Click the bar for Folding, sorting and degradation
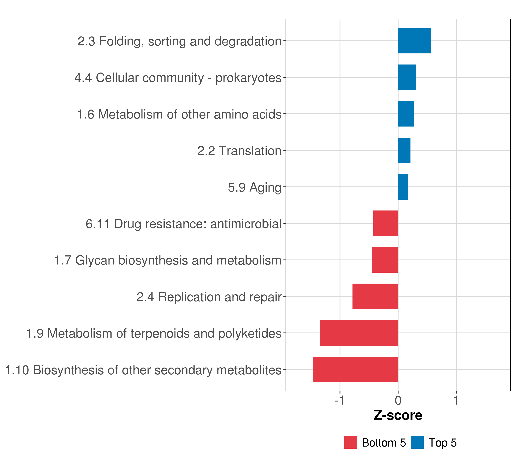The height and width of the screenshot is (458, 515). [414, 41]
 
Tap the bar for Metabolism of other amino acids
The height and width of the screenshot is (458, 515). [406, 114]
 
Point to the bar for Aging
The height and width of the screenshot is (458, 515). [403, 187]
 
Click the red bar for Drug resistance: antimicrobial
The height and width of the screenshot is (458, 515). [385, 223]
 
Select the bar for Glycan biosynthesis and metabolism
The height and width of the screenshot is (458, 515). [385, 260]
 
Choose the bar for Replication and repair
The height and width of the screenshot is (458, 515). [375, 296]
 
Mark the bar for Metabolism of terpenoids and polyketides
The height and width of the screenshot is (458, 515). [359, 333]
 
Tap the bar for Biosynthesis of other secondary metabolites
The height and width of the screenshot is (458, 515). [356, 369]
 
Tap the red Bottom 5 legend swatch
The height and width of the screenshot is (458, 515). [350, 442]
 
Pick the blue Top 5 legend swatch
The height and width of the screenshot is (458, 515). [417, 442]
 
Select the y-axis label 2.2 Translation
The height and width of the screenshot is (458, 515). [239, 151]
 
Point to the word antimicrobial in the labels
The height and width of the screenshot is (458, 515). [246, 224]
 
